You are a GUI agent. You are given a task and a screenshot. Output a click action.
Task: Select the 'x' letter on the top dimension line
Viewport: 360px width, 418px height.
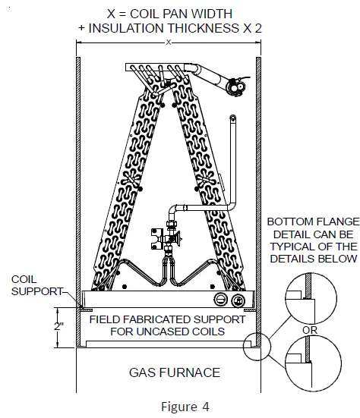coord(169,42)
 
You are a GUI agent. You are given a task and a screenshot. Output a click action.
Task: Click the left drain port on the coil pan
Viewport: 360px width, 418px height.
coord(220,298)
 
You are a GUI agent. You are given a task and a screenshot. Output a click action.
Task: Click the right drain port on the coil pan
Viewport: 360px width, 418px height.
coord(238,298)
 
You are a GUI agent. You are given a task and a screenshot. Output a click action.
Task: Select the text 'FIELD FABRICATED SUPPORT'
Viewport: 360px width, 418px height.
coord(168,319)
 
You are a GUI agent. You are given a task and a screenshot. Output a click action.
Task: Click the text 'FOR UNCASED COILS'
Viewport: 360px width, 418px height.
coord(168,332)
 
